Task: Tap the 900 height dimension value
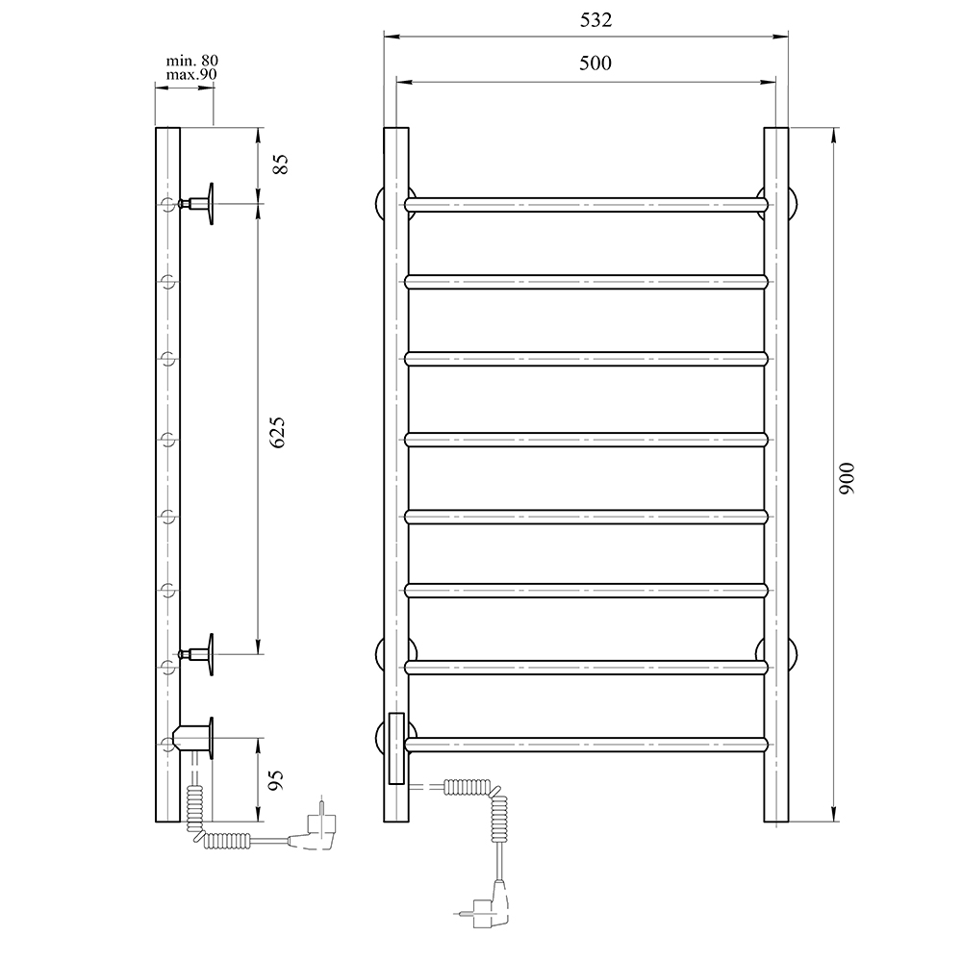(847, 477)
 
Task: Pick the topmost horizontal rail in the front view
(587, 204)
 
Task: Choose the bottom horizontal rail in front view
(587, 744)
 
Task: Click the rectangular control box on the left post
(395, 748)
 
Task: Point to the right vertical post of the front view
(776, 481)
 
